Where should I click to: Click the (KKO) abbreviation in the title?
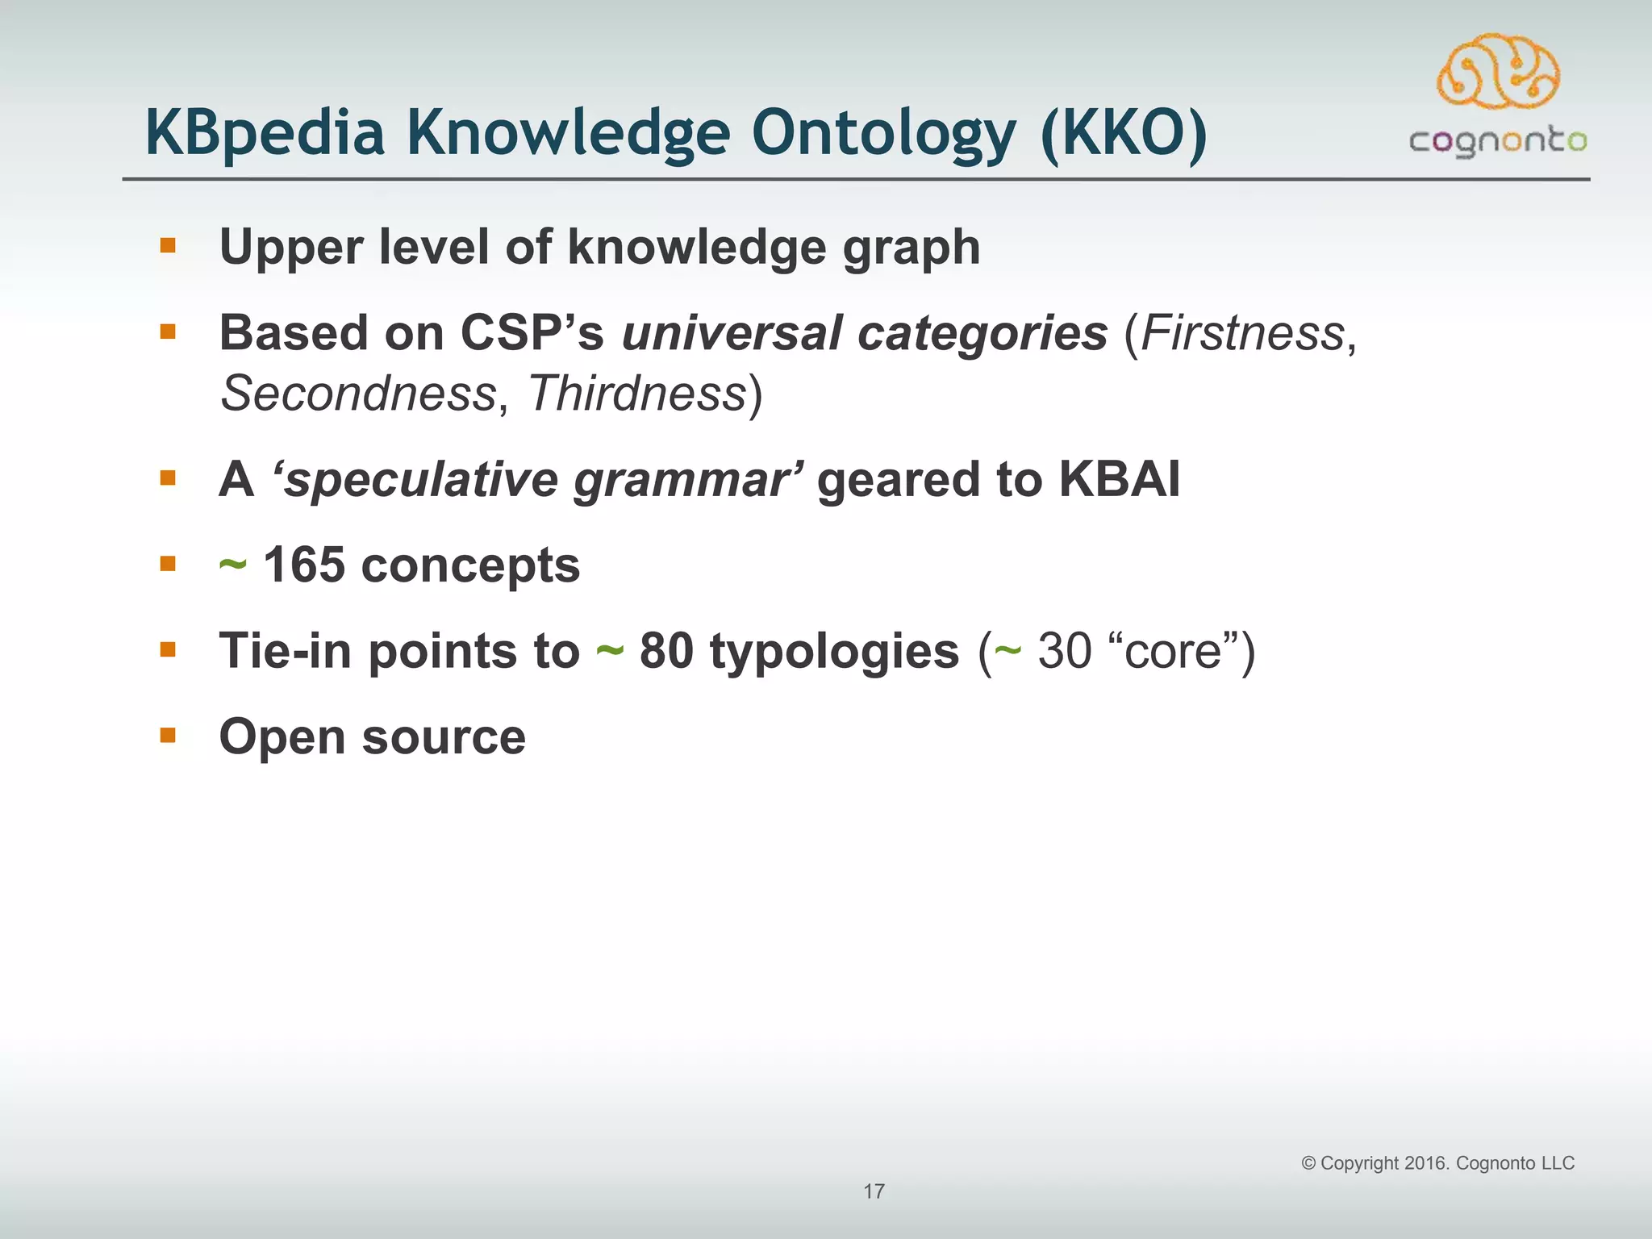click(x=1124, y=133)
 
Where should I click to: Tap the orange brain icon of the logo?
click(x=1498, y=73)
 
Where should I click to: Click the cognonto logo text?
click(x=1498, y=142)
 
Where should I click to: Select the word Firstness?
click(x=1242, y=333)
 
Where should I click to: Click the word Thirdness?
click(x=637, y=394)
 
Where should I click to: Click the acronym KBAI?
click(x=1119, y=479)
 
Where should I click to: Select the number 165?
click(x=304, y=565)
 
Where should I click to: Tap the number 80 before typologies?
click(x=666, y=651)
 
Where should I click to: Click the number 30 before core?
click(x=1064, y=651)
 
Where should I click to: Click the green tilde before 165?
click(x=232, y=565)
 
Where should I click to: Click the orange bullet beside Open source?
click(x=168, y=735)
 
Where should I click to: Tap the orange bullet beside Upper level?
click(x=168, y=245)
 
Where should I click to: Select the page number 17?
click(x=874, y=1191)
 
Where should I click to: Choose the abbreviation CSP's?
click(x=532, y=333)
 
